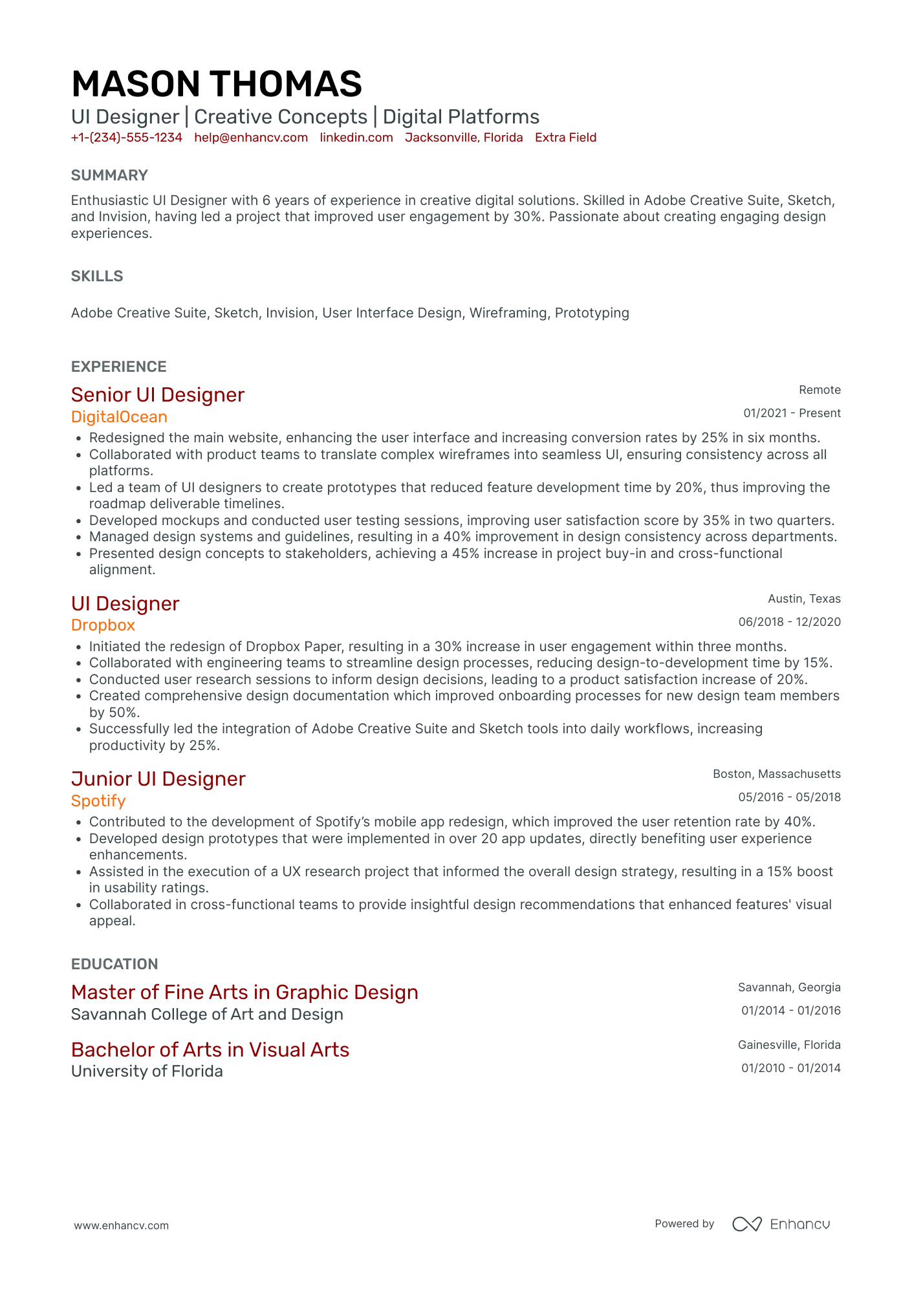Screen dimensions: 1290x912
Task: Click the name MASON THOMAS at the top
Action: click(216, 84)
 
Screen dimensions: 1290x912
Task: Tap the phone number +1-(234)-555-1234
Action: click(126, 138)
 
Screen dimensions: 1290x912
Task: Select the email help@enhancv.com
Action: click(250, 138)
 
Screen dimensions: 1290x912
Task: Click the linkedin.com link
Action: click(356, 138)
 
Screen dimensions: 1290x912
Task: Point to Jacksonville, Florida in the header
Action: click(463, 138)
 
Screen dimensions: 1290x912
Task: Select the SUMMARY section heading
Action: click(109, 175)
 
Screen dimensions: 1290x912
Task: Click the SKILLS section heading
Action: click(97, 276)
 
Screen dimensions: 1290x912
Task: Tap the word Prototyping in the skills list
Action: click(591, 313)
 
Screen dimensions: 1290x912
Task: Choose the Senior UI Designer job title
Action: click(157, 395)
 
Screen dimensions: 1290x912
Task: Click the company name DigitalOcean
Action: click(119, 417)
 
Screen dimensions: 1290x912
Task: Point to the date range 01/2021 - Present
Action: click(791, 413)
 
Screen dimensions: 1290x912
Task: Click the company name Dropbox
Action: click(103, 625)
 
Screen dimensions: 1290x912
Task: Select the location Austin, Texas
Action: click(803, 599)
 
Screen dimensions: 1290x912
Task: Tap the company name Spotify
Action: click(98, 801)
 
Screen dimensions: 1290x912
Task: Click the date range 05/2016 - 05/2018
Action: click(789, 797)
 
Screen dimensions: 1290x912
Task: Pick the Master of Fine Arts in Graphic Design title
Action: click(244, 993)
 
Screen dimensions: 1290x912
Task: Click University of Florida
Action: click(147, 1071)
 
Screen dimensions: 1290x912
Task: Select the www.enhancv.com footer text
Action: click(121, 1225)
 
